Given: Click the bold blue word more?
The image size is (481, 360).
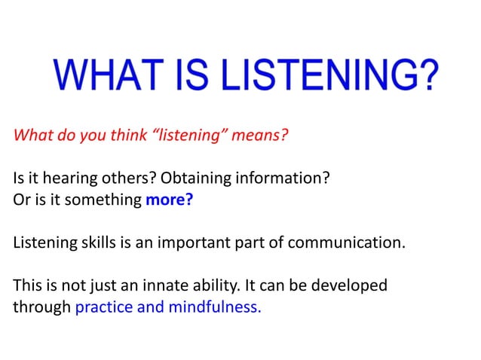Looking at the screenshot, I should point(170,202).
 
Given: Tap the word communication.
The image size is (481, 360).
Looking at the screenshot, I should point(343,244).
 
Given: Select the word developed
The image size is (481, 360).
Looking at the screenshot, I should point(351,287).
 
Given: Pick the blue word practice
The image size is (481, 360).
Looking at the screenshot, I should point(103,308).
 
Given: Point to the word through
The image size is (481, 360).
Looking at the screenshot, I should point(42,308).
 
